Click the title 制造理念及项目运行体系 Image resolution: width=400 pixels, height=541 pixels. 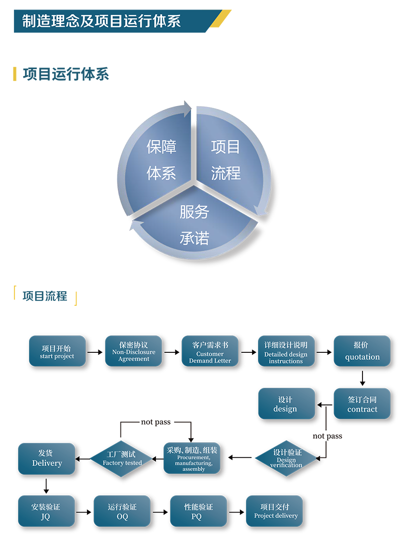pyautogui.click(x=101, y=22)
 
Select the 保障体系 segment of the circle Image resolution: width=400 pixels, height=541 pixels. pyautogui.click(x=161, y=159)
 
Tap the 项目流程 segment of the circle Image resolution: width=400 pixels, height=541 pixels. pyautogui.click(x=226, y=159)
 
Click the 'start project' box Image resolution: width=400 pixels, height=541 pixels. pyautogui.click(x=57, y=351)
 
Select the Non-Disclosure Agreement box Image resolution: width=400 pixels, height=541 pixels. pyautogui.click(x=133, y=351)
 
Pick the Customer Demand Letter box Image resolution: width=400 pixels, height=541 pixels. pyautogui.click(x=210, y=351)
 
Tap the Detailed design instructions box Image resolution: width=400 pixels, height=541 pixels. pyautogui.click(x=286, y=351)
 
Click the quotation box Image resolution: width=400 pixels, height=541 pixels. pyautogui.click(x=362, y=351)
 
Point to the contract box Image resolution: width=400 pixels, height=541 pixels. pyautogui.click(x=362, y=404)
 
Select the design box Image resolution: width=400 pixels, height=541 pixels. pyautogui.click(x=286, y=404)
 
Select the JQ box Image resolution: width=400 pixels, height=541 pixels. pyautogui.click(x=46, y=511)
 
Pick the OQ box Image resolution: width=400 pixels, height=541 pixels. pyautogui.click(x=122, y=511)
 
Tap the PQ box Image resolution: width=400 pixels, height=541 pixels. pyautogui.click(x=198, y=511)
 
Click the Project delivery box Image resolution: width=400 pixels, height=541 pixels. pyautogui.click(x=275, y=511)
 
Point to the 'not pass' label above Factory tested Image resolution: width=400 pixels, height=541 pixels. pyautogui.click(x=155, y=422)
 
